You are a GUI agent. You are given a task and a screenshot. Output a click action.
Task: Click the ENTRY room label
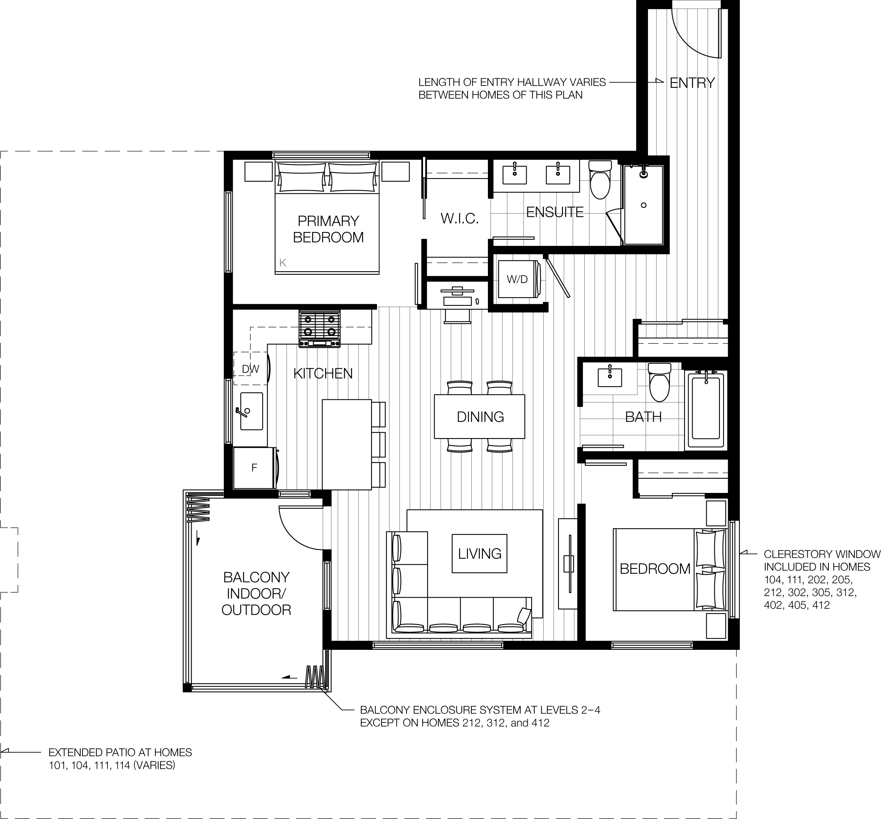[x=692, y=83]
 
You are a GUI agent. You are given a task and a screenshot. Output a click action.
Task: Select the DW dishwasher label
[x=250, y=369]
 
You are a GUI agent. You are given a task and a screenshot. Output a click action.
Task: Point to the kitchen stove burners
[x=319, y=326]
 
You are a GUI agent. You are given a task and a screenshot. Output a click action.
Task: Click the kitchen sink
[x=251, y=411]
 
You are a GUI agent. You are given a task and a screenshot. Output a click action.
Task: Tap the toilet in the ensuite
[x=600, y=181]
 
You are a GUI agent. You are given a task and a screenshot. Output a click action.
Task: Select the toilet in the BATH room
[x=660, y=383]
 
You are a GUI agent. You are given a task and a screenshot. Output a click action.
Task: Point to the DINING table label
[x=480, y=417]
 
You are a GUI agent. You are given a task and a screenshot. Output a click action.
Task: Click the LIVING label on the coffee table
[x=479, y=554]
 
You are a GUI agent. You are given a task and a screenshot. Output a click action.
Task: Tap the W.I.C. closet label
[x=460, y=218]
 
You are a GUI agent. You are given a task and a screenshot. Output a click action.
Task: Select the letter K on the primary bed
[x=283, y=263]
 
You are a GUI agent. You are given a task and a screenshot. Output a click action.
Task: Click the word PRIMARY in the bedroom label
[x=328, y=221]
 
